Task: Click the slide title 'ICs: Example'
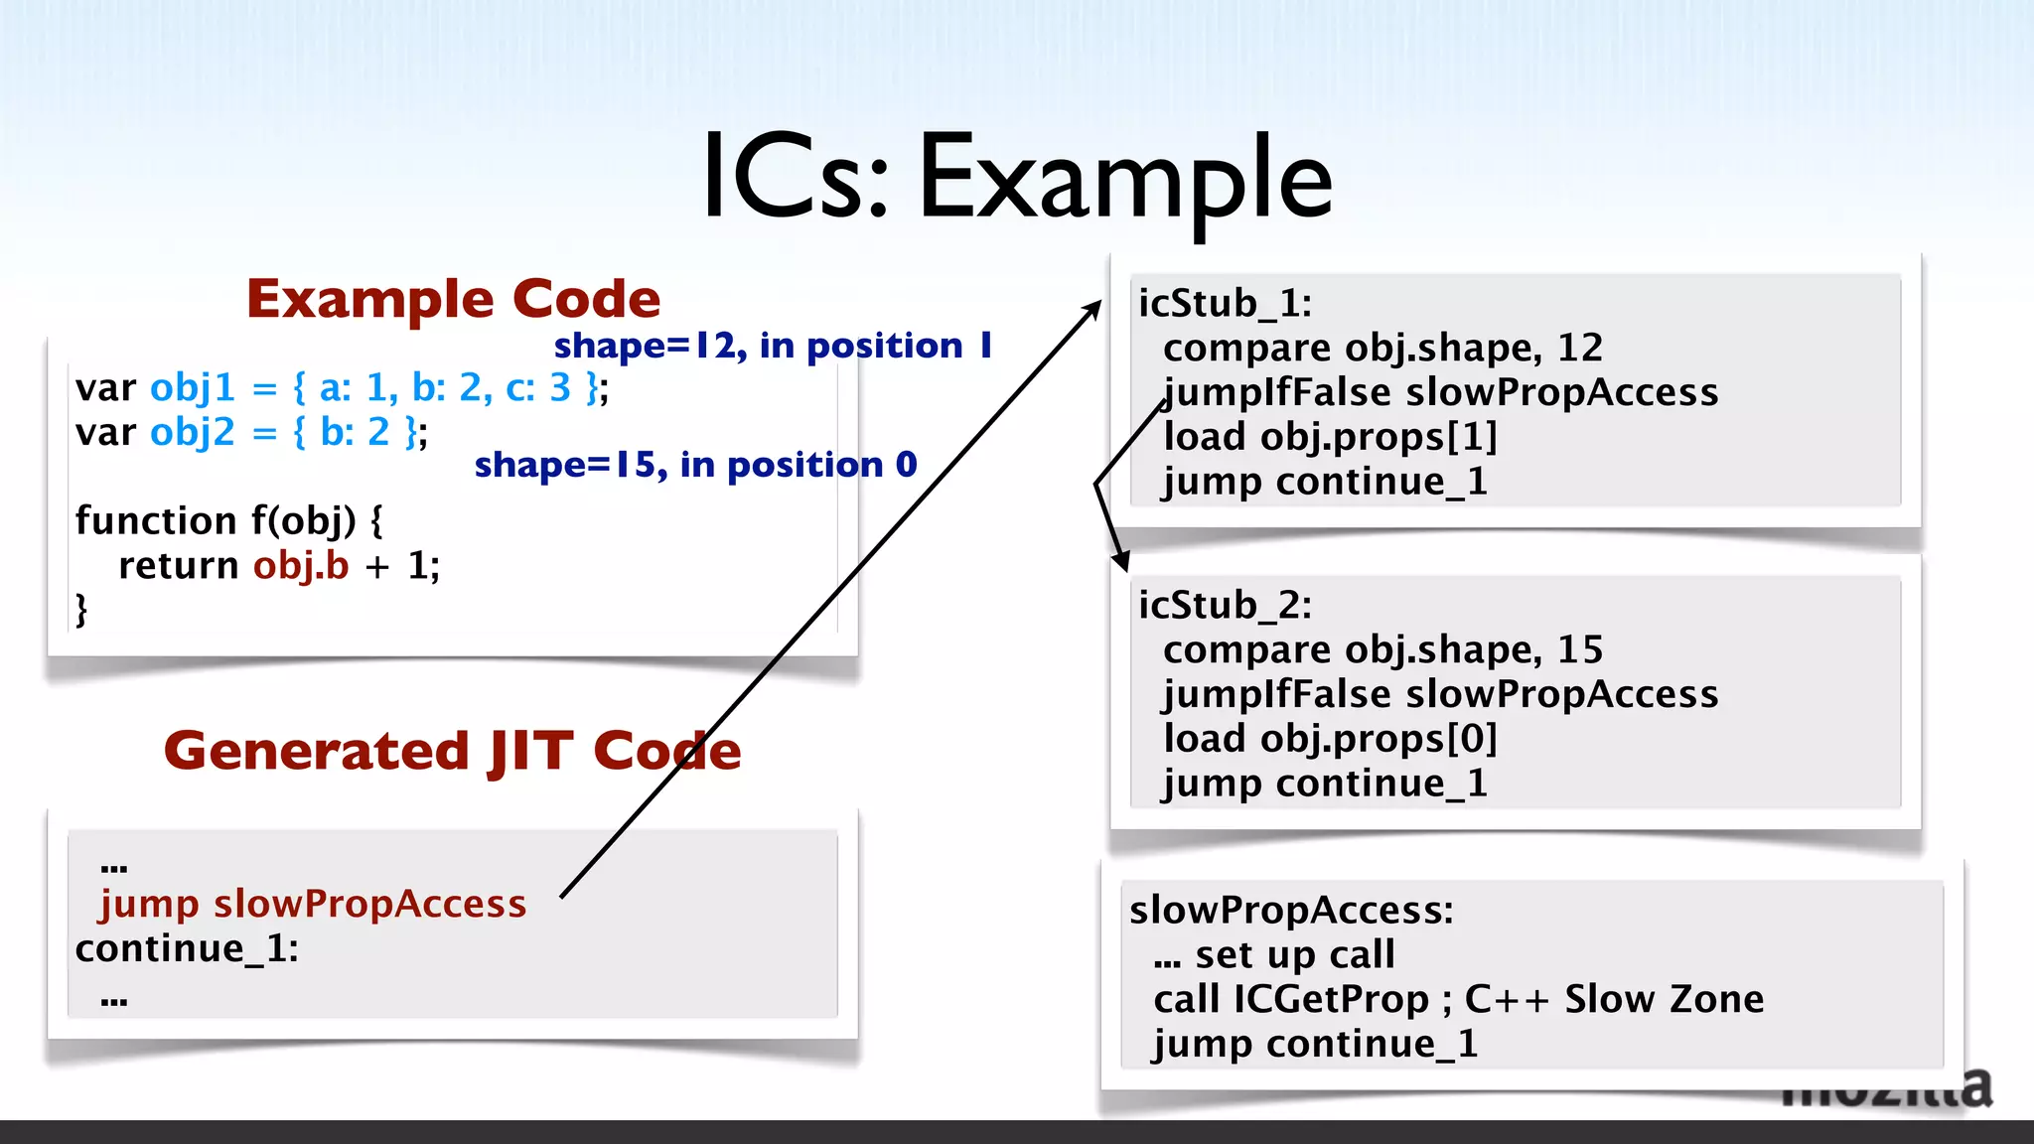click(x=1017, y=179)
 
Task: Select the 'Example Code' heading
click(x=453, y=299)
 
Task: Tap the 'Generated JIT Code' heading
click(x=453, y=751)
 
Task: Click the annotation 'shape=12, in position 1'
click(x=773, y=346)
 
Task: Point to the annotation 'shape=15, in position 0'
click(x=695, y=465)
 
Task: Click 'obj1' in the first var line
click(x=193, y=387)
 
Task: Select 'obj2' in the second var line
click(x=193, y=432)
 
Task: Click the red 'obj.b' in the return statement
click(x=301, y=565)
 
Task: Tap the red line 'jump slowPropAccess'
click(x=313, y=904)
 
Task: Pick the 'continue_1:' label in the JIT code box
click(x=187, y=948)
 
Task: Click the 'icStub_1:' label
click(x=1225, y=303)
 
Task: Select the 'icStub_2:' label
click(x=1225, y=605)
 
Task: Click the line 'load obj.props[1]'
click(x=1330, y=437)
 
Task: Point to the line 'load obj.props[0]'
click(x=1330, y=739)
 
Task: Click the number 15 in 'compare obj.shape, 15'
click(x=1580, y=649)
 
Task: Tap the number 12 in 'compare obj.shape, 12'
click(x=1580, y=348)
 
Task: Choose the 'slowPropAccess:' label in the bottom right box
click(x=1291, y=910)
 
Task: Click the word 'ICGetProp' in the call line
click(x=1331, y=999)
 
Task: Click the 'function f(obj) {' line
click(x=229, y=520)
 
